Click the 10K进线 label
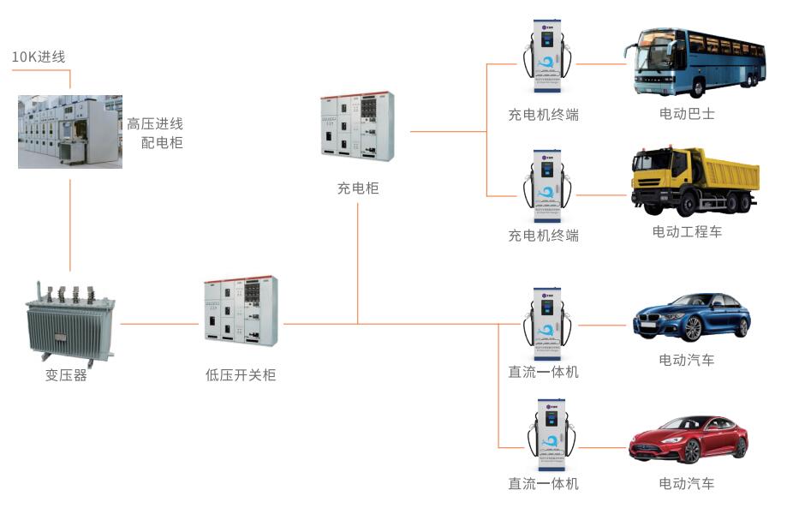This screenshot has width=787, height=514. click(38, 57)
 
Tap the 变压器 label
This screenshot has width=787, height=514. click(67, 375)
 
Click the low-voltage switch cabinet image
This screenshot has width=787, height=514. click(241, 310)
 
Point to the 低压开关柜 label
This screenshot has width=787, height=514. click(241, 375)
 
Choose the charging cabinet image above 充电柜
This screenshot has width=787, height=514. click(357, 127)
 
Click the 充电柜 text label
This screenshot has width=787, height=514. click(358, 188)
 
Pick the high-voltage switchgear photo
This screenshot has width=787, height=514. click(70, 131)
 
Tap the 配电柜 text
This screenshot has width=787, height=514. click(162, 142)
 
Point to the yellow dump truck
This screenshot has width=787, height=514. click(695, 181)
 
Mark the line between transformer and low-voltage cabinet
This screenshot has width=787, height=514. click(159, 324)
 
